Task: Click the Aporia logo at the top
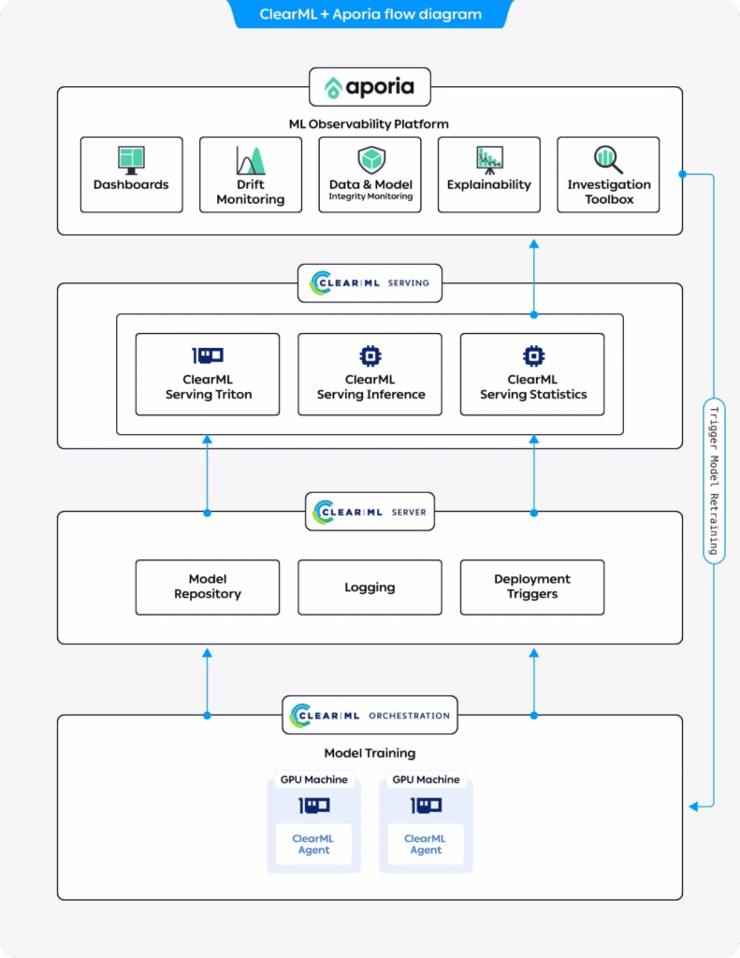point(370,88)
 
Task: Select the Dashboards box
point(131,174)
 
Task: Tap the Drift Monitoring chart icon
point(250,160)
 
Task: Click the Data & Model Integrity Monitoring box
point(370,174)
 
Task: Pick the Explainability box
point(488,174)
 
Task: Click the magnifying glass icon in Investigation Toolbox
point(608,158)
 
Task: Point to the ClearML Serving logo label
point(370,283)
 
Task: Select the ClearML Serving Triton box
point(208,374)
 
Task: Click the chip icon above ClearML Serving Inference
point(370,356)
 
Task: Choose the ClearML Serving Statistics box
point(532,374)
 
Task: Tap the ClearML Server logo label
point(370,512)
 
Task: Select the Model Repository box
point(208,587)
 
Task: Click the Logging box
point(370,587)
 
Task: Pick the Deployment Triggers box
point(532,587)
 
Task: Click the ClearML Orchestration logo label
point(370,715)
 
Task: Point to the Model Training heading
point(370,753)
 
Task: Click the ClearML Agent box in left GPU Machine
point(313,844)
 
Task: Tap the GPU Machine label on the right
point(426,779)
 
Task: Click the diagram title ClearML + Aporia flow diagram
point(370,14)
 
